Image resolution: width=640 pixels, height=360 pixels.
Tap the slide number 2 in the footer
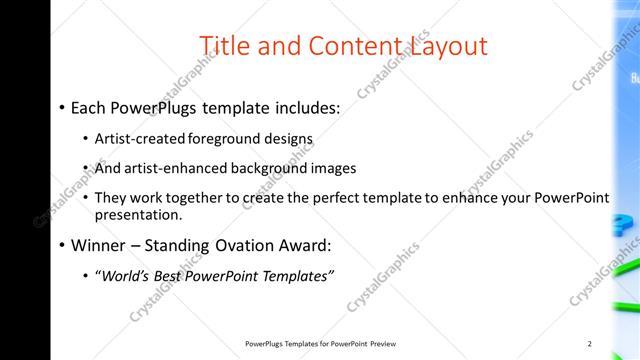tap(589, 344)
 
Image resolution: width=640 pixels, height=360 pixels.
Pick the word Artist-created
tap(138, 139)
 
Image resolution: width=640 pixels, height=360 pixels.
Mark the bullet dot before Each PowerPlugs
tap(62, 105)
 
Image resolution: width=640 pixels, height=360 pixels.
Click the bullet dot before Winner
tap(62, 244)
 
